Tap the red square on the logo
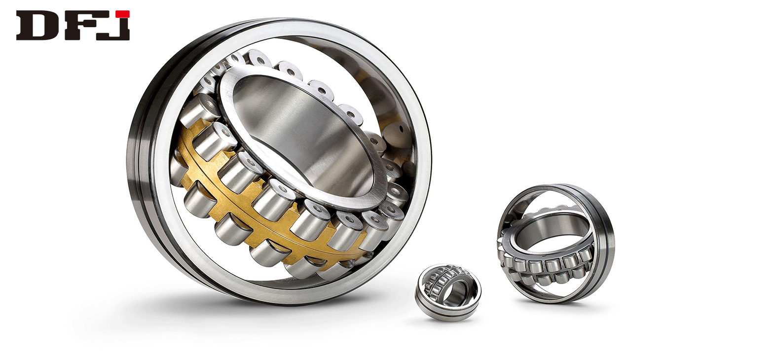[122, 14]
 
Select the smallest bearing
[447, 292]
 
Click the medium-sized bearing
[555, 243]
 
